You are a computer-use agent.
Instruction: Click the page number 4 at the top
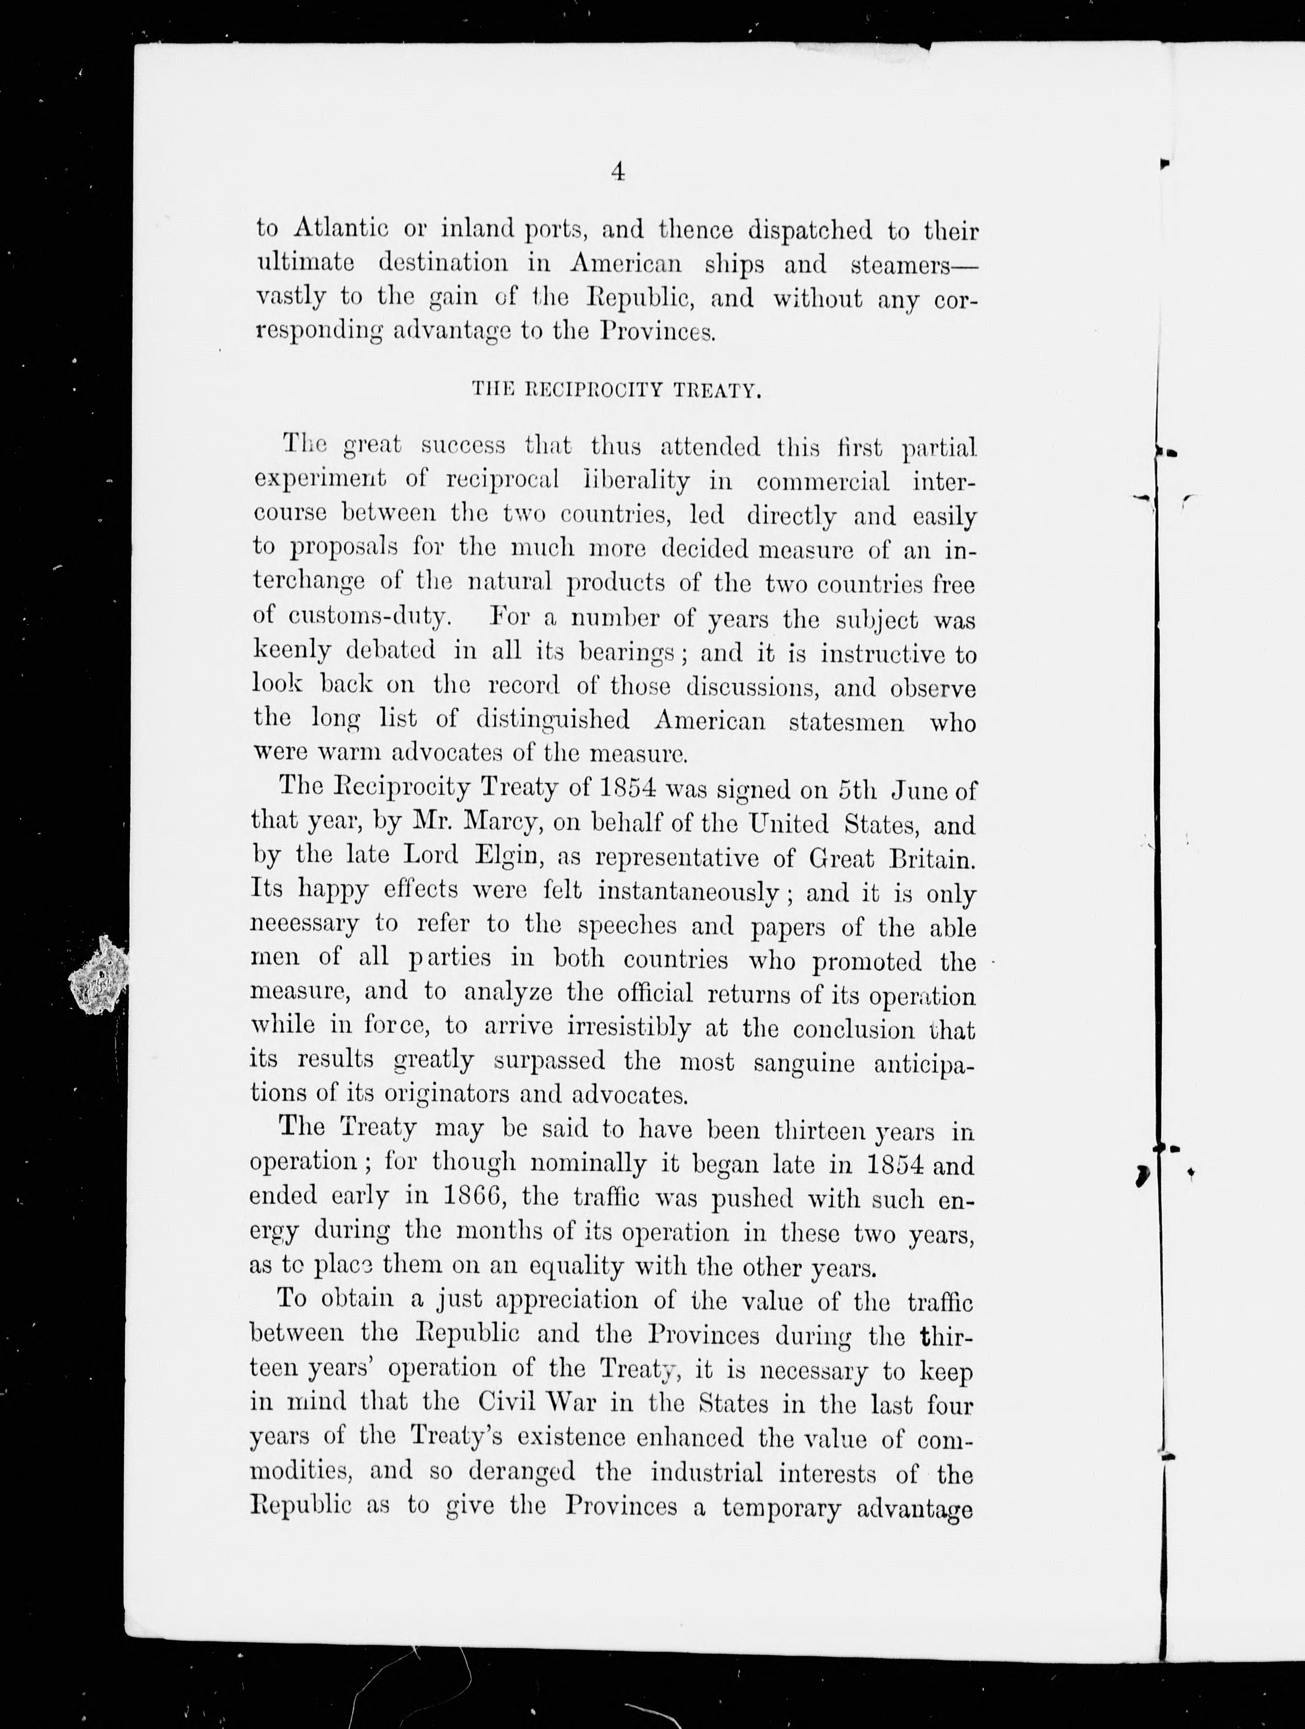617,172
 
